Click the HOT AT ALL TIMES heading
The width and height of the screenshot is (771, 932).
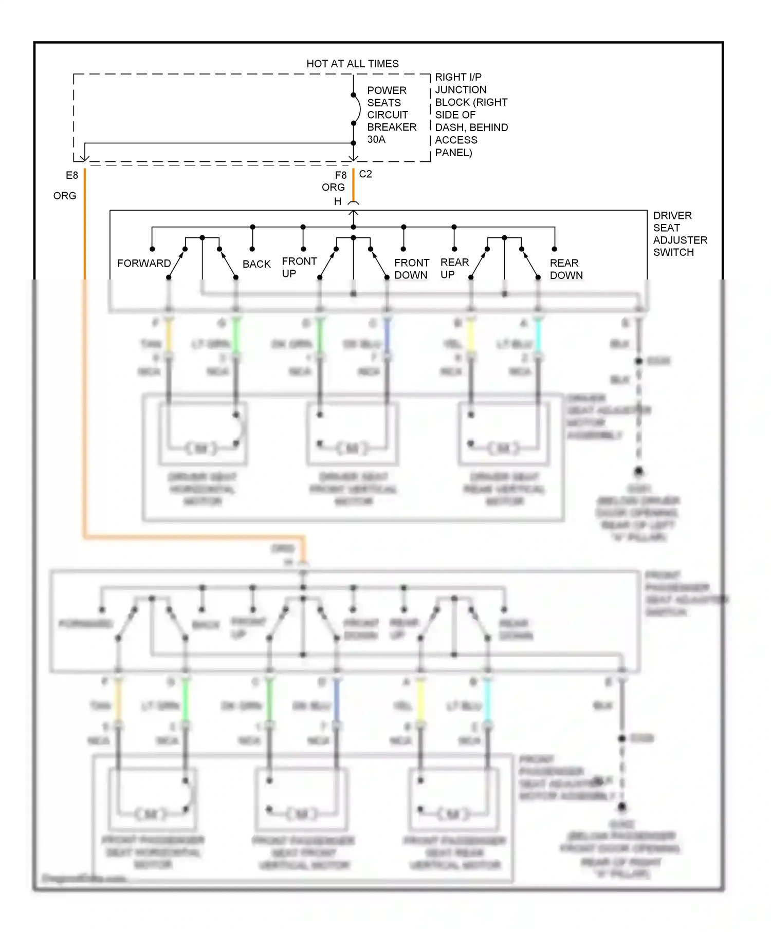352,64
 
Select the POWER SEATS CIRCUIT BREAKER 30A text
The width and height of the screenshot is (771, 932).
391,115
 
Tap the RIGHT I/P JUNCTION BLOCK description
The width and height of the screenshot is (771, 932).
470,115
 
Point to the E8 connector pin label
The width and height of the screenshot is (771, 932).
72,175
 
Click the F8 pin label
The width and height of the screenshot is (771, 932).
341,175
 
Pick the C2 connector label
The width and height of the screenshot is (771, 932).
365,174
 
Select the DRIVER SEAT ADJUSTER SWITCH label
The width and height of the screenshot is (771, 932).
680,234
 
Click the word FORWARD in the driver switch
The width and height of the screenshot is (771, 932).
144,263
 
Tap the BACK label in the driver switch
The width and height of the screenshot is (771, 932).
256,264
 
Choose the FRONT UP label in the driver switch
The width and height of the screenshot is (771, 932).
299,267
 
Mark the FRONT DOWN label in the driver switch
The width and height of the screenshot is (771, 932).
411,269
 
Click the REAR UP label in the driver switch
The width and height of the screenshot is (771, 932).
454,268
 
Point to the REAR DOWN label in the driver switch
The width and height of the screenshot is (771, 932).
566,269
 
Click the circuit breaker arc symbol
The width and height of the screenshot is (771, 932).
357,109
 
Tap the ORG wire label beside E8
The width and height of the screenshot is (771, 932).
65,196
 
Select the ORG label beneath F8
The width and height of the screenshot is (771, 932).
333,188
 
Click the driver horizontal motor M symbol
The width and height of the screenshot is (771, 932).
201,448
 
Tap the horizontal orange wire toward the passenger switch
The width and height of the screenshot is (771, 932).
195,537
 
